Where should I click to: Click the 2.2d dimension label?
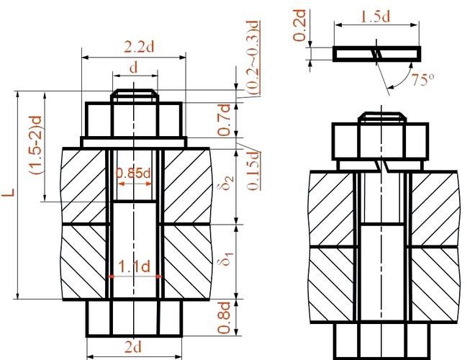pos(139,47)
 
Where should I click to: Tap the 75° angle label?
pos(422,79)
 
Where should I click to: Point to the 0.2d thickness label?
pos(299,25)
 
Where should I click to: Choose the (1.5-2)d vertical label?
pos(35,145)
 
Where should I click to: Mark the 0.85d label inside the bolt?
pos(133,174)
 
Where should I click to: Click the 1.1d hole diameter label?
pos(134,266)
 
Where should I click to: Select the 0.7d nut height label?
pos(224,120)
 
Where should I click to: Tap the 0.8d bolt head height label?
pos(224,318)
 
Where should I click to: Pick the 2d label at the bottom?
pos(133,347)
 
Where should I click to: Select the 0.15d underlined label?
pos(253,170)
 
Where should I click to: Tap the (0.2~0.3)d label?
pos(253,58)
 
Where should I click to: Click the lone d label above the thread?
pos(134,68)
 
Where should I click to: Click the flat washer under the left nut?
pos(134,143)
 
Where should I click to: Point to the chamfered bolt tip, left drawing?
pos(135,96)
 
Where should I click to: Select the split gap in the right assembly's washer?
pos(381,166)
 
